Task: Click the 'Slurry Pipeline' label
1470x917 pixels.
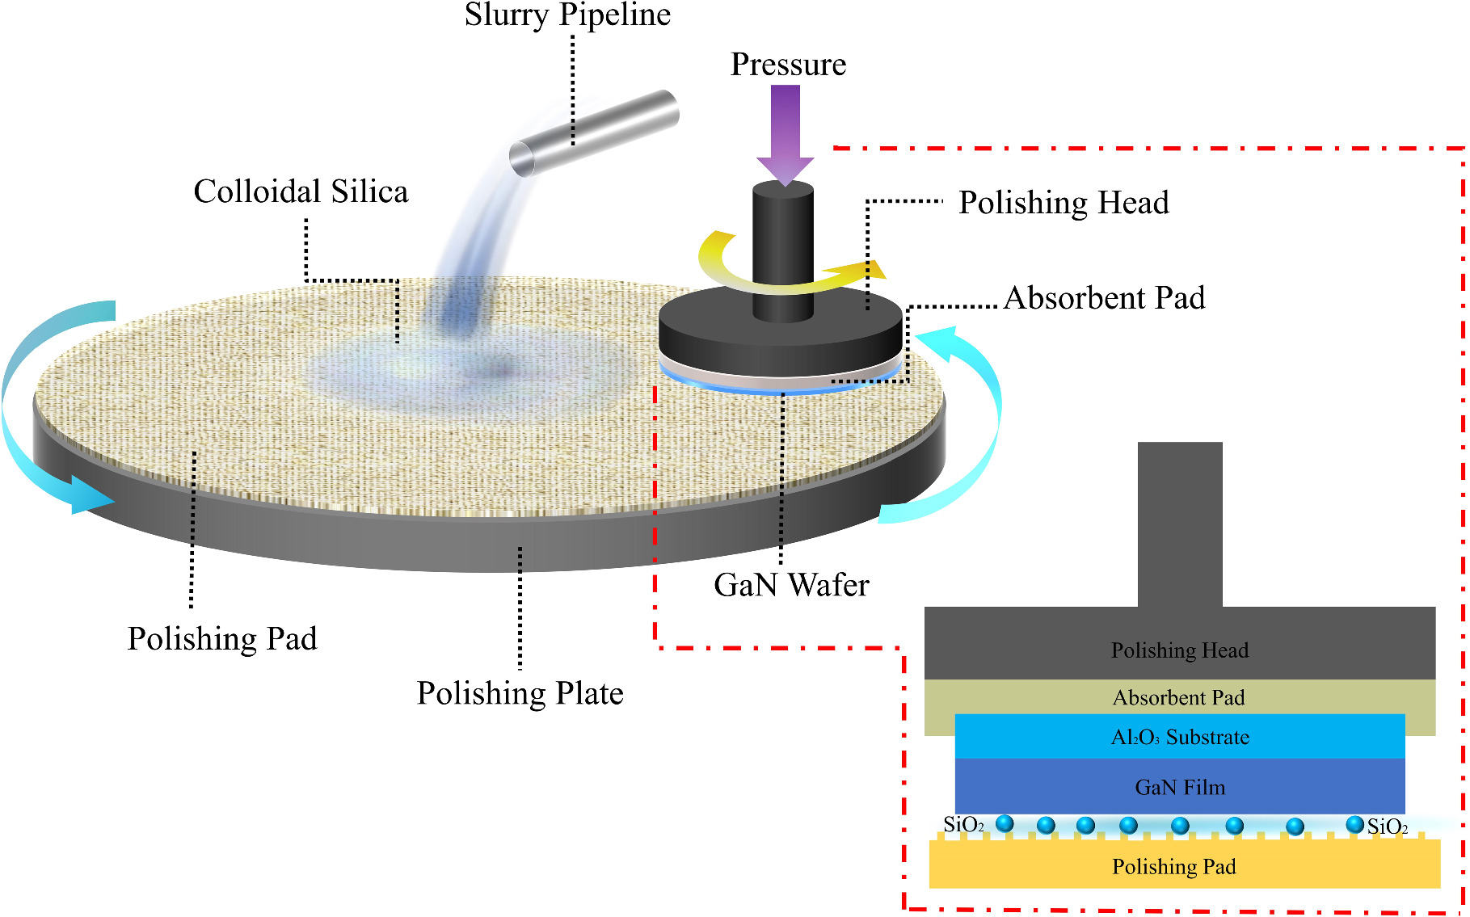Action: click(x=567, y=15)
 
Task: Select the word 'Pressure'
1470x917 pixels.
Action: click(x=788, y=65)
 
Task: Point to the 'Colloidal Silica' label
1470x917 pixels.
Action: click(x=301, y=192)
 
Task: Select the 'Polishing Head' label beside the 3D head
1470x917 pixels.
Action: click(x=1064, y=203)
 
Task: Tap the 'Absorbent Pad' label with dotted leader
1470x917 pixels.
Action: click(x=1104, y=298)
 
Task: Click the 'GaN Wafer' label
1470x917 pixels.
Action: click(x=791, y=585)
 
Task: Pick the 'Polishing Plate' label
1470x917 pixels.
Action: click(x=520, y=693)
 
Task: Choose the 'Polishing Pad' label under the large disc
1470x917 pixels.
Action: click(x=222, y=639)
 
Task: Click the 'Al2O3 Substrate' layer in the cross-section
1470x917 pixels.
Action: click(x=1180, y=737)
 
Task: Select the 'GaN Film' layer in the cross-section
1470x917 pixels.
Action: click(x=1180, y=787)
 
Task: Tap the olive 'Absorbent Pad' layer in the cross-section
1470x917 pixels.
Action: click(x=1178, y=696)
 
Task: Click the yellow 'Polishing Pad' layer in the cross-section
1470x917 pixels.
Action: click(x=1174, y=866)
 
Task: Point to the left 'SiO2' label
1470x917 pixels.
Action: click(x=963, y=825)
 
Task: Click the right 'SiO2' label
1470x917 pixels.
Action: click(x=1388, y=827)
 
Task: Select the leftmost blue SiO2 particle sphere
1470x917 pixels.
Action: click(x=1005, y=823)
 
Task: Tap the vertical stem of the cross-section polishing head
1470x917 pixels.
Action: click(x=1180, y=525)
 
